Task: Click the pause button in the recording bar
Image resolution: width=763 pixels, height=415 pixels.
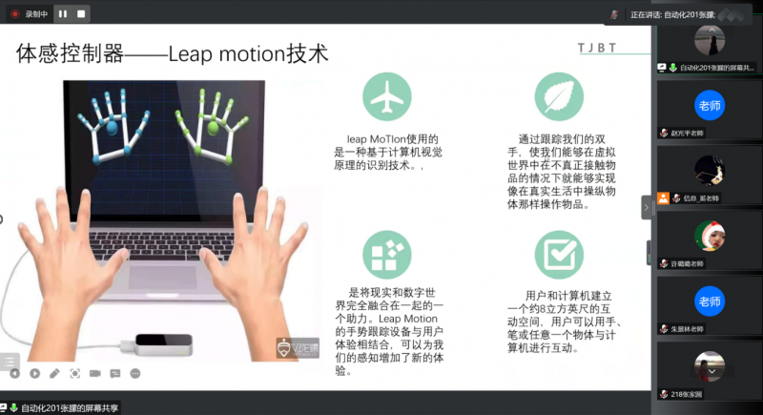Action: pos(62,13)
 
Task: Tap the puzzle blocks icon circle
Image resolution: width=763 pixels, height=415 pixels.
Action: pos(386,254)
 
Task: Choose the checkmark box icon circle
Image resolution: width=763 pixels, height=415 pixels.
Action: pos(559,254)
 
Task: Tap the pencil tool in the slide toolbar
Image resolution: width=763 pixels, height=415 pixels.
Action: pos(54,373)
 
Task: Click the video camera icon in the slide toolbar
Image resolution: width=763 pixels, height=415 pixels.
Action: pos(94,373)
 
